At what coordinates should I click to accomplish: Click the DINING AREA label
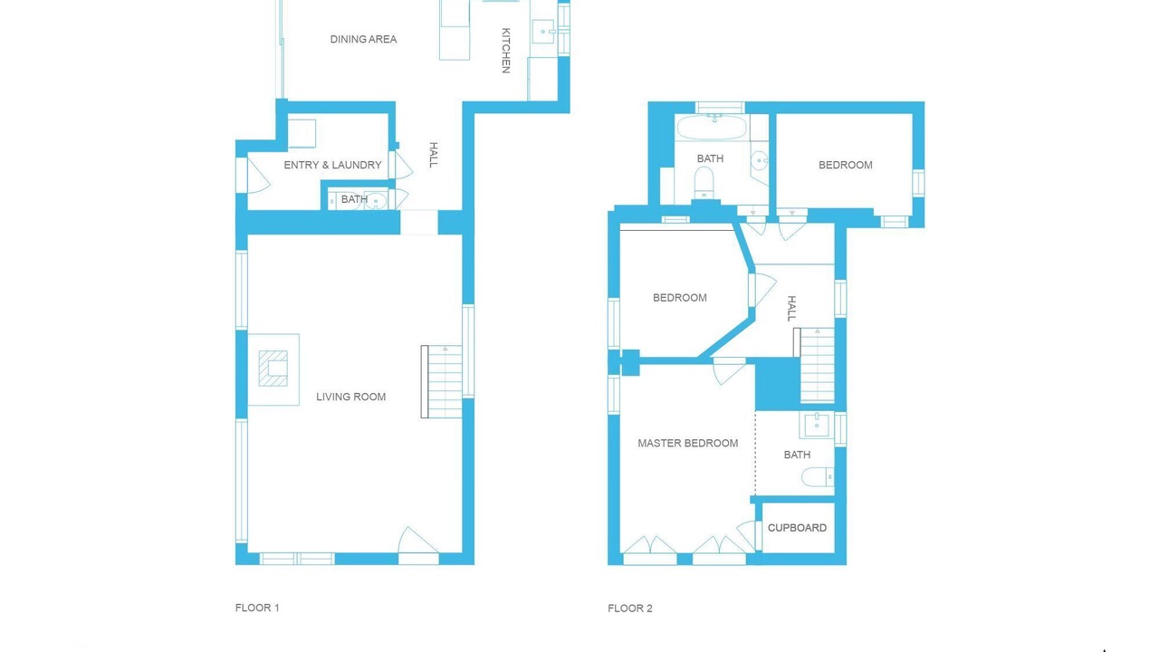363,39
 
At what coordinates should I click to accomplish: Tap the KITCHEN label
506,51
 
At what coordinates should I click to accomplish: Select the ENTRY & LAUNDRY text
332,165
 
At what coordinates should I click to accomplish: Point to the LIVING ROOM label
350,397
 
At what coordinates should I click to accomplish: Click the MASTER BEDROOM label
687,443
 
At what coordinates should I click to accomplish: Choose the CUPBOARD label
797,528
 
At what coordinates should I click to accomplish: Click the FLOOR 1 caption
257,608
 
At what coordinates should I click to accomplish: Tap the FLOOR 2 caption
629,609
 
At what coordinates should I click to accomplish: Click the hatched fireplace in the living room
273,369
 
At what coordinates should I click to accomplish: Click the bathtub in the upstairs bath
712,128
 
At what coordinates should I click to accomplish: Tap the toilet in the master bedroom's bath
818,476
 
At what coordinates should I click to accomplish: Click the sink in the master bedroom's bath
817,425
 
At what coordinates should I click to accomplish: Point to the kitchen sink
542,32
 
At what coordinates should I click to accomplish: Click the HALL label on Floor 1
434,155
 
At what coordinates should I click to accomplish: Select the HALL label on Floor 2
791,309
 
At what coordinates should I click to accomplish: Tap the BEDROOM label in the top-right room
846,165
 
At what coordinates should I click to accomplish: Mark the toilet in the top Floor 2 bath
704,183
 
